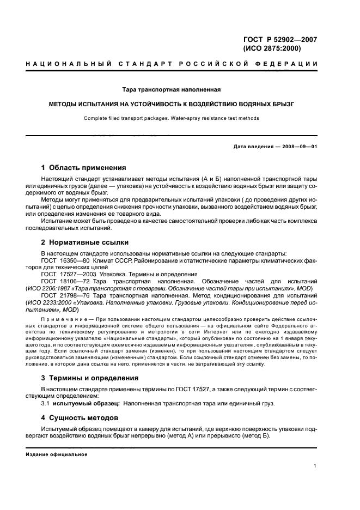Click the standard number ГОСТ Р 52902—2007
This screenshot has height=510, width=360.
[279, 39]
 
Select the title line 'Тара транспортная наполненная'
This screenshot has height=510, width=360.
[180, 89]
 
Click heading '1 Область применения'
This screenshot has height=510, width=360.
[84, 167]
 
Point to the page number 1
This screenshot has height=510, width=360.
[315, 466]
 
